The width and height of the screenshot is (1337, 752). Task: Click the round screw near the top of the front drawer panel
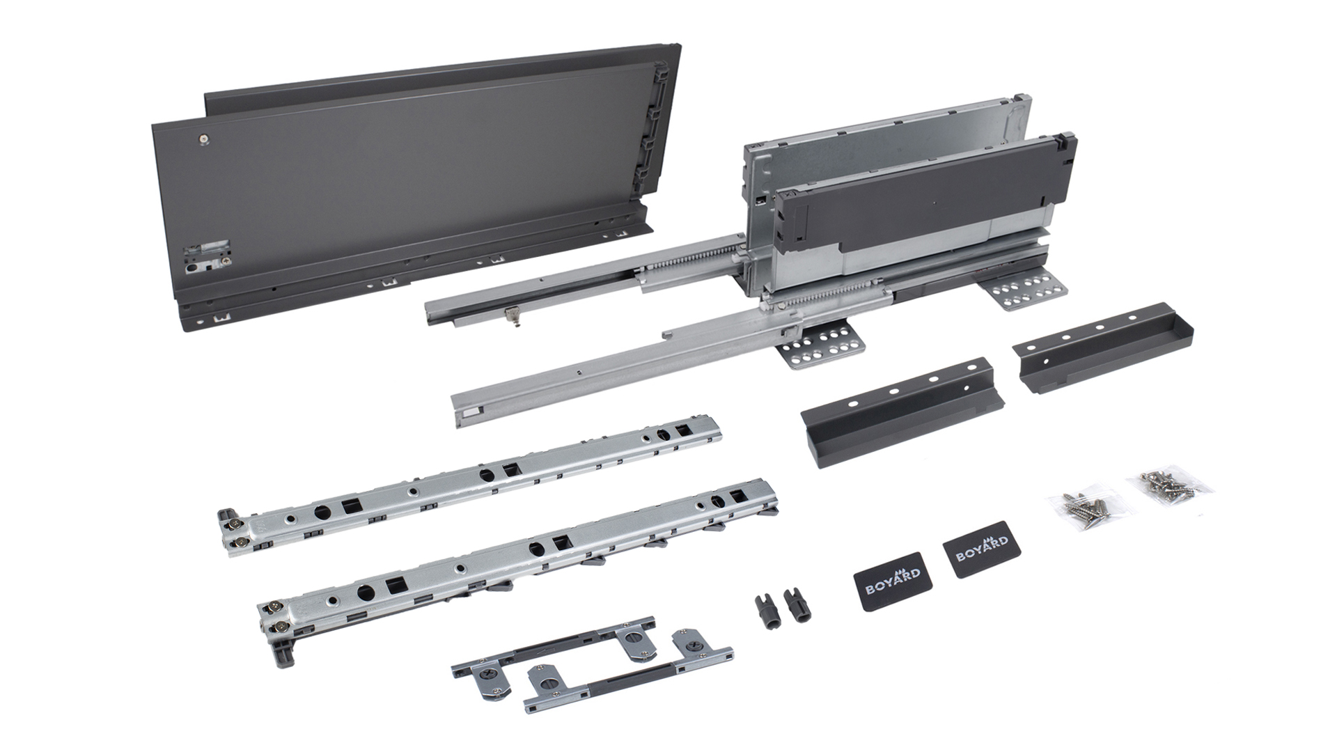[202, 140]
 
